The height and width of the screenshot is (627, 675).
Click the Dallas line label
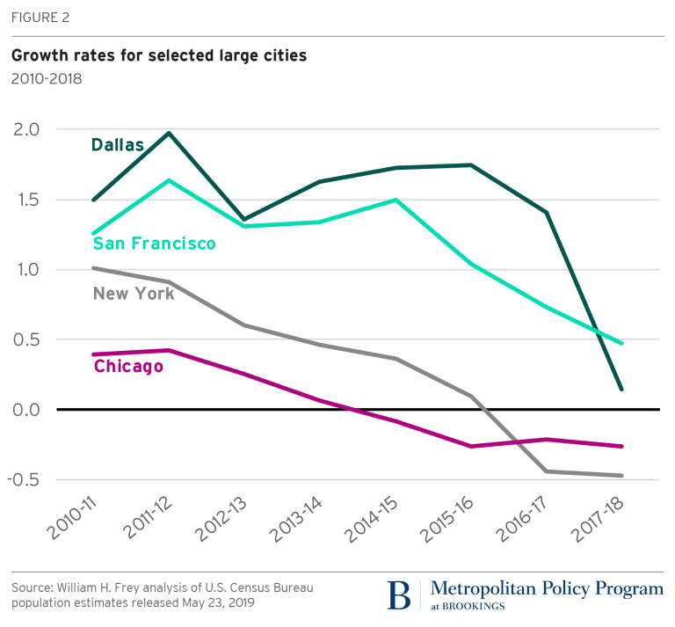click(x=117, y=144)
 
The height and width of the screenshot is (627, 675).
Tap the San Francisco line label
click(x=155, y=244)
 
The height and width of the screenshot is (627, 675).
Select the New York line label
click(x=134, y=294)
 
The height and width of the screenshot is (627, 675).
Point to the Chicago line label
click(x=128, y=366)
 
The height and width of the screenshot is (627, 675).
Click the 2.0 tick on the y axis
click(x=26, y=129)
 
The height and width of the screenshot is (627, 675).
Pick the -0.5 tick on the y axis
click(x=24, y=480)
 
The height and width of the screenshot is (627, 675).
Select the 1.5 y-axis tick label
click(x=26, y=200)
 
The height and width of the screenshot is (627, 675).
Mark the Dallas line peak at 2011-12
click(x=169, y=133)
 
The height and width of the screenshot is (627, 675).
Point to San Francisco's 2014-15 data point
click(x=396, y=200)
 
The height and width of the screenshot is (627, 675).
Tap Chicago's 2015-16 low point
click(x=471, y=447)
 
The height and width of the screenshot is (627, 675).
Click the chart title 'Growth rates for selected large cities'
click(x=159, y=56)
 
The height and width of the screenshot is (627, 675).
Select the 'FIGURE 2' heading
click(x=39, y=17)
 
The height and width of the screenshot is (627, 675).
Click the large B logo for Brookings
click(x=400, y=594)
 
